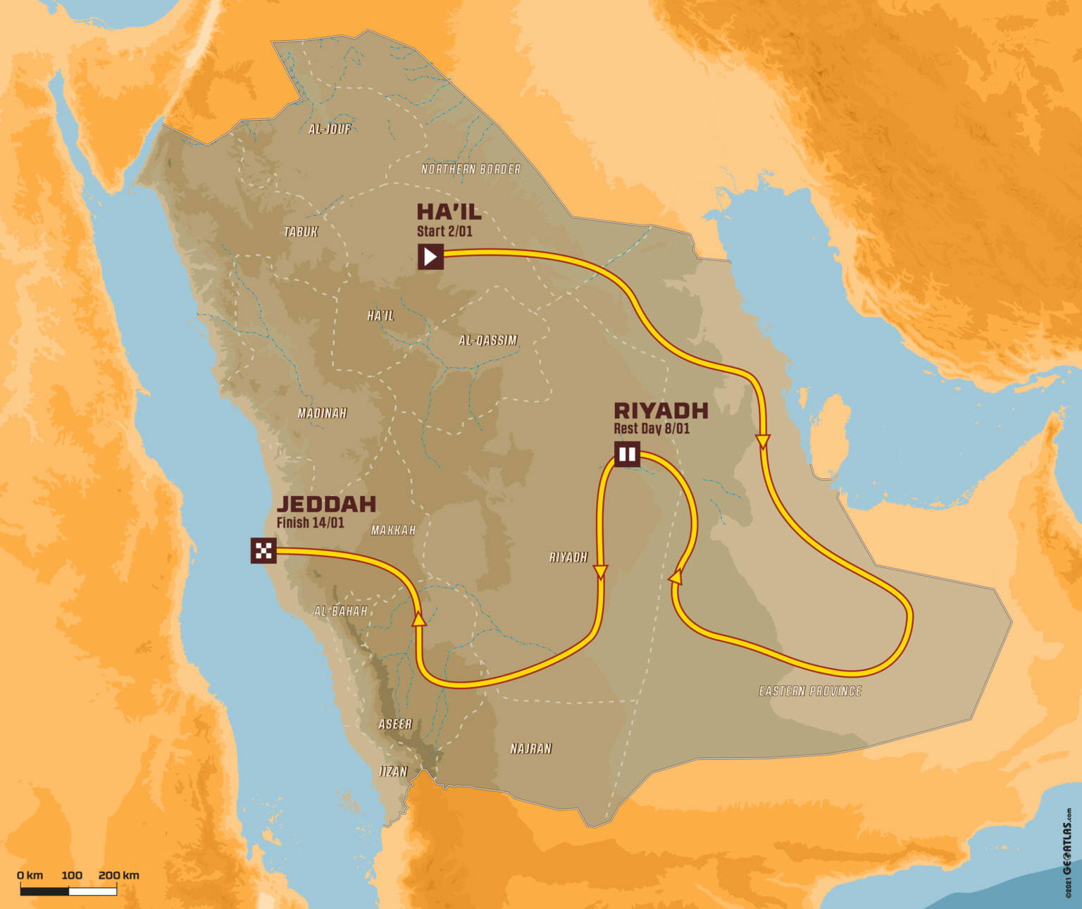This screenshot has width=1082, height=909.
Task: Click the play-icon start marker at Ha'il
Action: (x=430, y=256)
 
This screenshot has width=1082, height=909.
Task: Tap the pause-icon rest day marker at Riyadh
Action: (x=626, y=454)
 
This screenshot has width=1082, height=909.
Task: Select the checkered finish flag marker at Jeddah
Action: (x=263, y=550)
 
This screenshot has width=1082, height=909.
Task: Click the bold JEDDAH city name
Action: (x=326, y=504)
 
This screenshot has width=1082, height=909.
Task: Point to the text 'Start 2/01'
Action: (x=444, y=230)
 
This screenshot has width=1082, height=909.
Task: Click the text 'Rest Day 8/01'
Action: (x=651, y=428)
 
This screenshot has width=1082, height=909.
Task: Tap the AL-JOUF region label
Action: (x=330, y=129)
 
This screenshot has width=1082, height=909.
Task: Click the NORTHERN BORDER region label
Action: (x=471, y=169)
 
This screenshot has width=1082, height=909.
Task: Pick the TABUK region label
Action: (x=301, y=232)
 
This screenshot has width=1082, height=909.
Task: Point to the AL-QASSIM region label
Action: (x=487, y=340)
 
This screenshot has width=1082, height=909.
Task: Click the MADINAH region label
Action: (x=322, y=413)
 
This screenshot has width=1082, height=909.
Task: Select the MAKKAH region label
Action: (x=393, y=530)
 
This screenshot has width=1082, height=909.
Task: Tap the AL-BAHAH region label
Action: (x=341, y=611)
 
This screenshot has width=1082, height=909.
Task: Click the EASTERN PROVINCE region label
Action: (x=810, y=691)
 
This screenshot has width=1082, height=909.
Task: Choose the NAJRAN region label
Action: (x=531, y=748)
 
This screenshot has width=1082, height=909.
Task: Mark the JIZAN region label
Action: (x=393, y=771)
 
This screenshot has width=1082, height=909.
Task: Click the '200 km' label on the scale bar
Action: (x=119, y=875)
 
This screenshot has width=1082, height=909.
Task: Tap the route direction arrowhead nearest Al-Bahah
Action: (x=419, y=619)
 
